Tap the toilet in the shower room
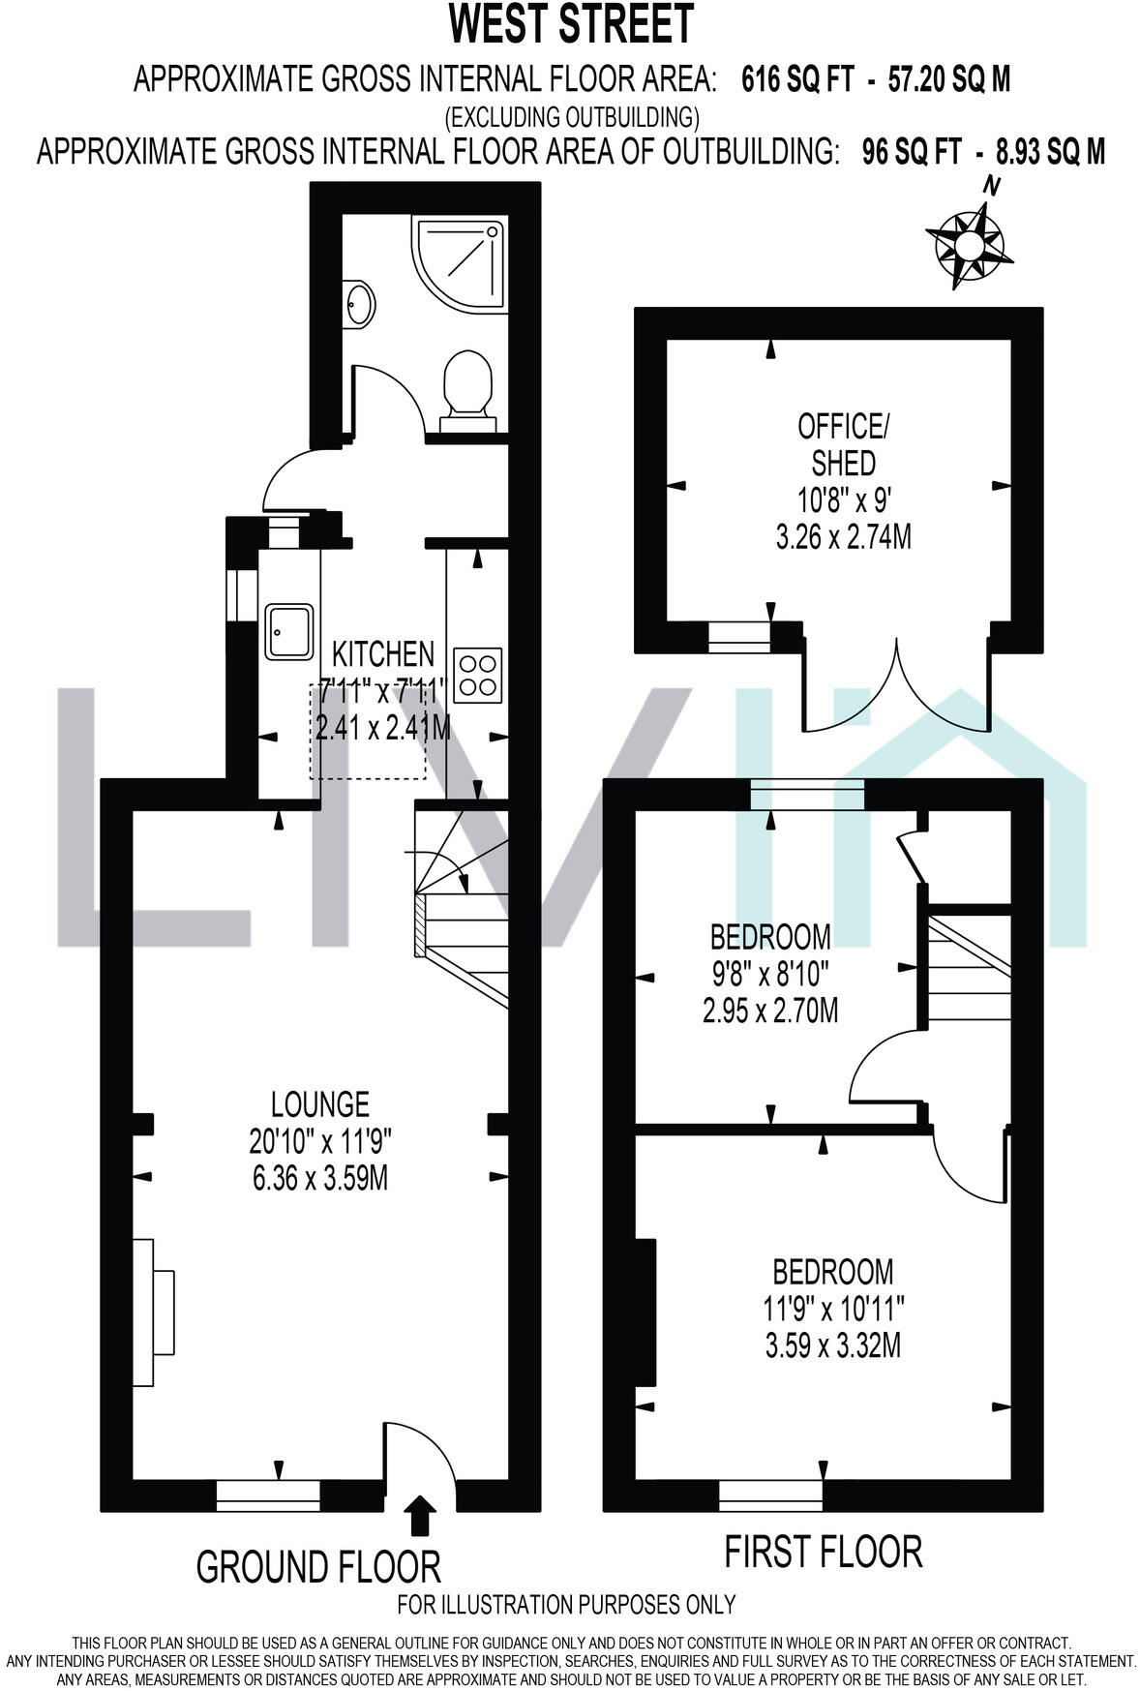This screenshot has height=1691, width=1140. click(466, 387)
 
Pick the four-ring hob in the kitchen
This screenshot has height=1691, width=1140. click(479, 674)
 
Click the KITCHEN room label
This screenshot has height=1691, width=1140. click(383, 654)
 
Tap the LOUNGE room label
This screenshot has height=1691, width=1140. click(319, 1103)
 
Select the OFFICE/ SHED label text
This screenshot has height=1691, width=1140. click(842, 443)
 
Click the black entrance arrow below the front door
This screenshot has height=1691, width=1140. click(419, 1515)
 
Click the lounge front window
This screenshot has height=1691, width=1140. click(267, 1495)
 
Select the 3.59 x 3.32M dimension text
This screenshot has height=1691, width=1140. click(832, 1345)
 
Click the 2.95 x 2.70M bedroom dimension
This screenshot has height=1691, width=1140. click(770, 1012)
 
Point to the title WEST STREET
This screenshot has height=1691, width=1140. click(571, 24)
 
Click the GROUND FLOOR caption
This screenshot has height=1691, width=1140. click(318, 1565)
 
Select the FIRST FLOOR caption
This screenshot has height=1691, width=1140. click(824, 1551)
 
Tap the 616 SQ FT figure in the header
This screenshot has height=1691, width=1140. click(797, 78)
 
